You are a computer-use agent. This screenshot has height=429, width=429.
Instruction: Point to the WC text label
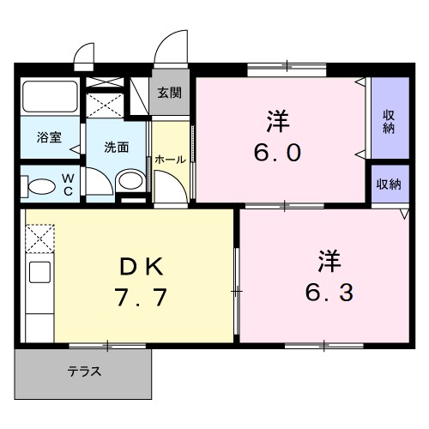click(x=69, y=184)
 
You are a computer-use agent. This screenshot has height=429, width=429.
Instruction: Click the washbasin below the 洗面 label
click(x=130, y=180)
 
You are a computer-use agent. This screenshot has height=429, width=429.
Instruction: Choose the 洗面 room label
click(x=117, y=147)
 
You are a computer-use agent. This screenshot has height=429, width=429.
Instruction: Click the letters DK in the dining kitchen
click(x=141, y=268)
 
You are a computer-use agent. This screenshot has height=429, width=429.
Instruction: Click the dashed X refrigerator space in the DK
click(x=40, y=238)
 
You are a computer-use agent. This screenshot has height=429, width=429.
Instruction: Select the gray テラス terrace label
click(x=85, y=372)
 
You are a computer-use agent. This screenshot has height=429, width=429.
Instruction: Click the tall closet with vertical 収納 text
click(x=390, y=120)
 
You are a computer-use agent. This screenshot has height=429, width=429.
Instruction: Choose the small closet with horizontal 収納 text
click(x=390, y=184)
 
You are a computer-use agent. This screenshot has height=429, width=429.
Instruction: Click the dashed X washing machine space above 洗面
click(x=106, y=104)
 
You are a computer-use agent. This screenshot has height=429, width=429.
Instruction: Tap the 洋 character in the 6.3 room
click(x=326, y=257)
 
